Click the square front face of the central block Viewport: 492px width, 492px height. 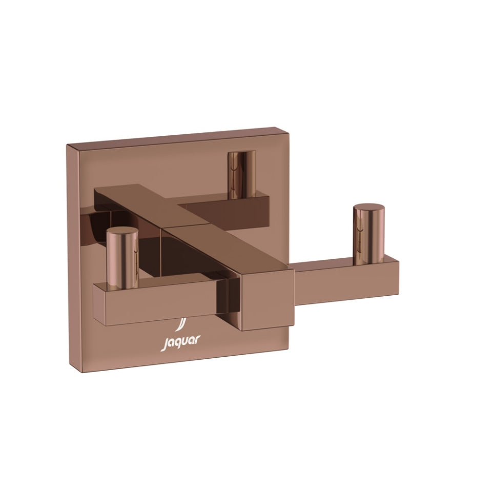(267, 301)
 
